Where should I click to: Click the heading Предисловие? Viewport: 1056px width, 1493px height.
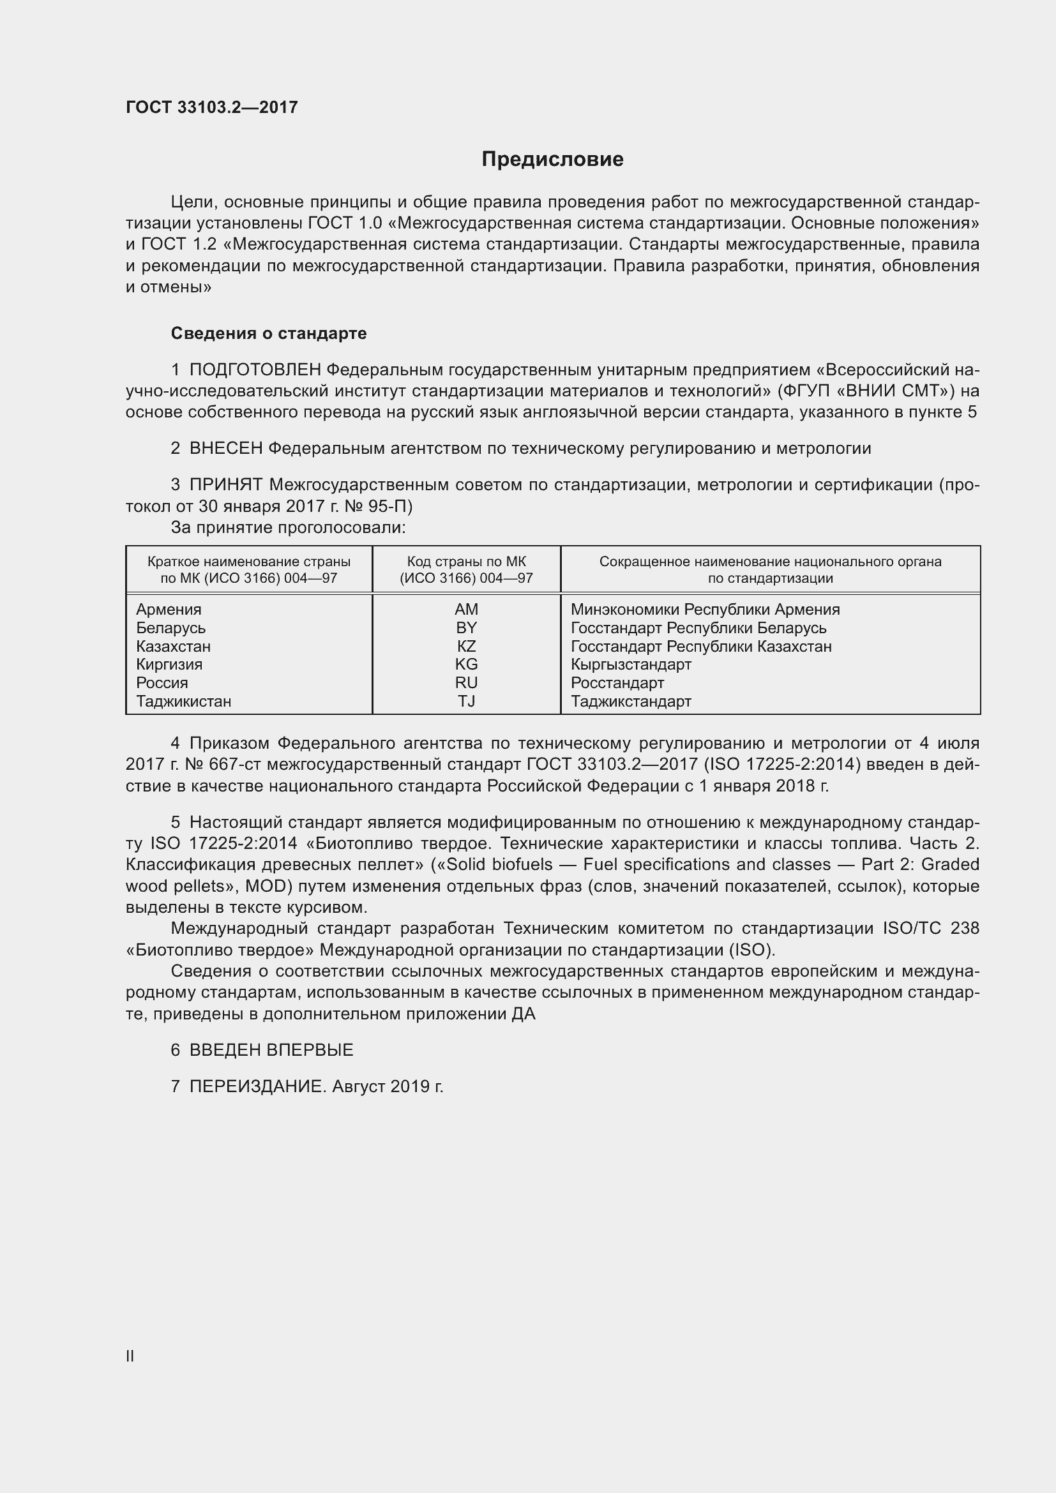coord(552,160)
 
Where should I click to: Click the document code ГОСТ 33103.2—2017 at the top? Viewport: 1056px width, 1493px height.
coord(211,107)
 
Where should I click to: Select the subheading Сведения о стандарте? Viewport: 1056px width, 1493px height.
coord(269,334)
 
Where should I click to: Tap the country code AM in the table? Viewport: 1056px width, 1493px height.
coord(466,610)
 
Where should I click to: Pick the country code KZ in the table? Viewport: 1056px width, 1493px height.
coord(466,647)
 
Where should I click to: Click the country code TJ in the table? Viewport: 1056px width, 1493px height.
coord(466,701)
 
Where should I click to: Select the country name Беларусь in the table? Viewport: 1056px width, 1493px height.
coord(170,628)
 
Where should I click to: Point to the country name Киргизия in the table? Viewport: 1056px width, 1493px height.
coord(169,664)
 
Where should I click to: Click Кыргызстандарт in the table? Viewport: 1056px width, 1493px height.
coord(631,664)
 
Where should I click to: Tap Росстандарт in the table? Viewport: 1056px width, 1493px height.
coord(617,683)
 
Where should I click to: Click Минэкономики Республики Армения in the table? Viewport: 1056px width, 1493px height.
coord(705,610)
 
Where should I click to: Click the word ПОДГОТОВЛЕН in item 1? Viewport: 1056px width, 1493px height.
coord(255,370)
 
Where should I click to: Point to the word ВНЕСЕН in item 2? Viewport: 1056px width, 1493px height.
coord(225,448)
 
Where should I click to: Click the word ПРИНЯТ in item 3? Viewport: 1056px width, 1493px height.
coord(225,484)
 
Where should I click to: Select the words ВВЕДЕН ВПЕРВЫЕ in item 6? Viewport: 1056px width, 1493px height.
coord(271,1049)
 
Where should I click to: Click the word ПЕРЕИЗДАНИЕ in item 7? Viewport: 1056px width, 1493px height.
coord(256,1086)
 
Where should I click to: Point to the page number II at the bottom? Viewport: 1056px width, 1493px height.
coord(130,1356)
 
